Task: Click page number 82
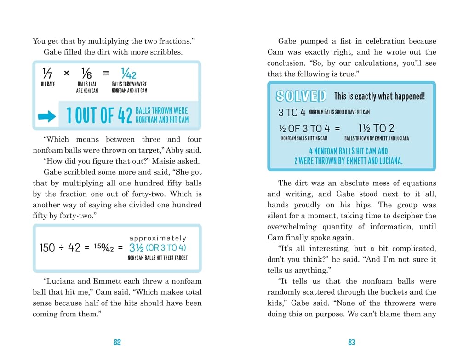coord(117,342)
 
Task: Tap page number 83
coord(351,342)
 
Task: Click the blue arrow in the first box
coord(46,117)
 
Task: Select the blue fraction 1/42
coord(129,73)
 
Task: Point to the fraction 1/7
coord(47,73)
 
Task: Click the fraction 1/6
coord(86,73)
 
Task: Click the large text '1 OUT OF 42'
coord(99,115)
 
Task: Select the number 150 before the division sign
coord(47,248)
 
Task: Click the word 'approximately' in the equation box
coord(158,238)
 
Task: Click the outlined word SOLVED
coord(301,96)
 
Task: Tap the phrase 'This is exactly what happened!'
coord(379,96)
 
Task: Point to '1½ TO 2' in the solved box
coord(376,128)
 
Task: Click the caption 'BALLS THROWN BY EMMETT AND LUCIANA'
coord(376,138)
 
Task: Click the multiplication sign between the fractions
coord(67,73)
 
